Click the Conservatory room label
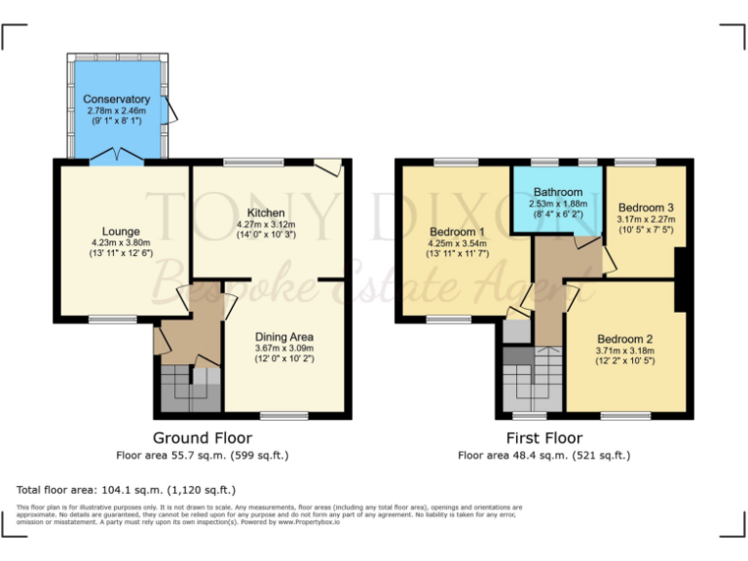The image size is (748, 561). (x=116, y=99)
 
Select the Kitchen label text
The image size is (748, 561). (x=266, y=212)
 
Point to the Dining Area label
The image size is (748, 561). (x=283, y=337)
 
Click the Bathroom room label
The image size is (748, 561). (x=555, y=193)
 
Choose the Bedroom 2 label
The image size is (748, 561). (x=624, y=339)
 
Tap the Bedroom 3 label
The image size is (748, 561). (x=645, y=207)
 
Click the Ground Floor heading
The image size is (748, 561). (x=203, y=438)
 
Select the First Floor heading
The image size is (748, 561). (x=544, y=438)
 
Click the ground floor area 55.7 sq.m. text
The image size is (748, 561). (x=203, y=455)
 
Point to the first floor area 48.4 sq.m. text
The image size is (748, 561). (x=544, y=455)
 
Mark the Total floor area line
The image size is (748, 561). (x=127, y=490)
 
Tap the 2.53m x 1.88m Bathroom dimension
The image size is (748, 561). (x=555, y=205)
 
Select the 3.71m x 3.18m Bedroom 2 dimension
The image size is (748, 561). (x=624, y=351)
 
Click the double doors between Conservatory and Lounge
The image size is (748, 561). (x=117, y=156)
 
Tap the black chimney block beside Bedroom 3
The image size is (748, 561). (x=684, y=279)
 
